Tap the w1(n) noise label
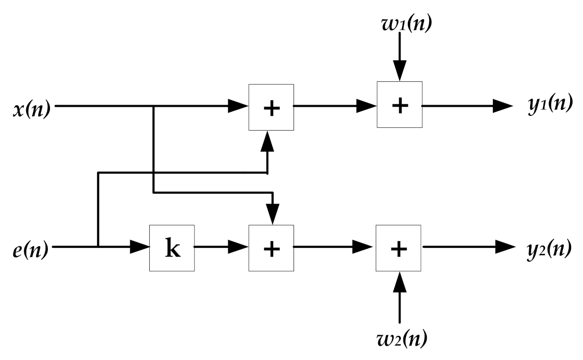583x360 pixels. click(x=400, y=23)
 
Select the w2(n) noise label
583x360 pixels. click(x=399, y=340)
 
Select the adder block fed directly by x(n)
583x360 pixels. click(x=271, y=107)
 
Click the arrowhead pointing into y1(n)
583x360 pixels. click(x=503, y=106)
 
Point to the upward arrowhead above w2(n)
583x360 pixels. click(x=399, y=281)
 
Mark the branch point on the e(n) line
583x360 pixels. click(x=98, y=247)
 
